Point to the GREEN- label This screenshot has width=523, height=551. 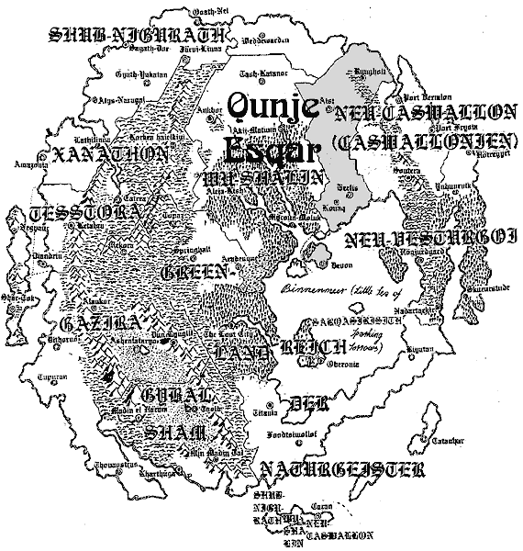coord(198,273)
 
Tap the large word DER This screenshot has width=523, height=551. coord(302,402)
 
